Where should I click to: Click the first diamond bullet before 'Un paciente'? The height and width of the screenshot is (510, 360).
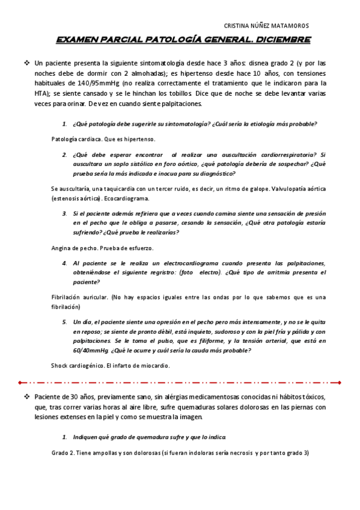[x=27, y=63]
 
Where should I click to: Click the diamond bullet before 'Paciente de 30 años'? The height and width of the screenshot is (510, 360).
[x=27, y=397]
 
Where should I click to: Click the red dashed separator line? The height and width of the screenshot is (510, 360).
[x=180, y=382]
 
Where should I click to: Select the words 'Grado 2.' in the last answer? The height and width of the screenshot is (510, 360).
[x=63, y=453]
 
